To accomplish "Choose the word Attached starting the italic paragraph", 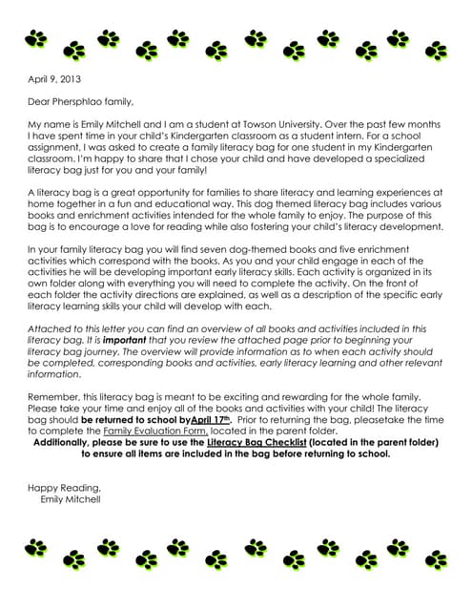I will pyautogui.click(x=49, y=328).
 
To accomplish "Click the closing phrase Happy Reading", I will pyautogui.click(x=63, y=488).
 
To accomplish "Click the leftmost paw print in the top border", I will pyautogui.click(x=36, y=40).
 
